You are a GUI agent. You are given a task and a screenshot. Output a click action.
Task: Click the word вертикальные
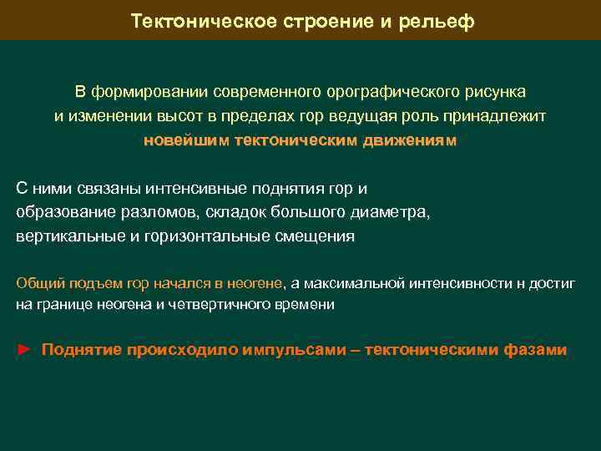70,236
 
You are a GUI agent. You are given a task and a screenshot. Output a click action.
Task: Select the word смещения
315,236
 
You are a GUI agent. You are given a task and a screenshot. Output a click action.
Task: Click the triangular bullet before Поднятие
23,350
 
